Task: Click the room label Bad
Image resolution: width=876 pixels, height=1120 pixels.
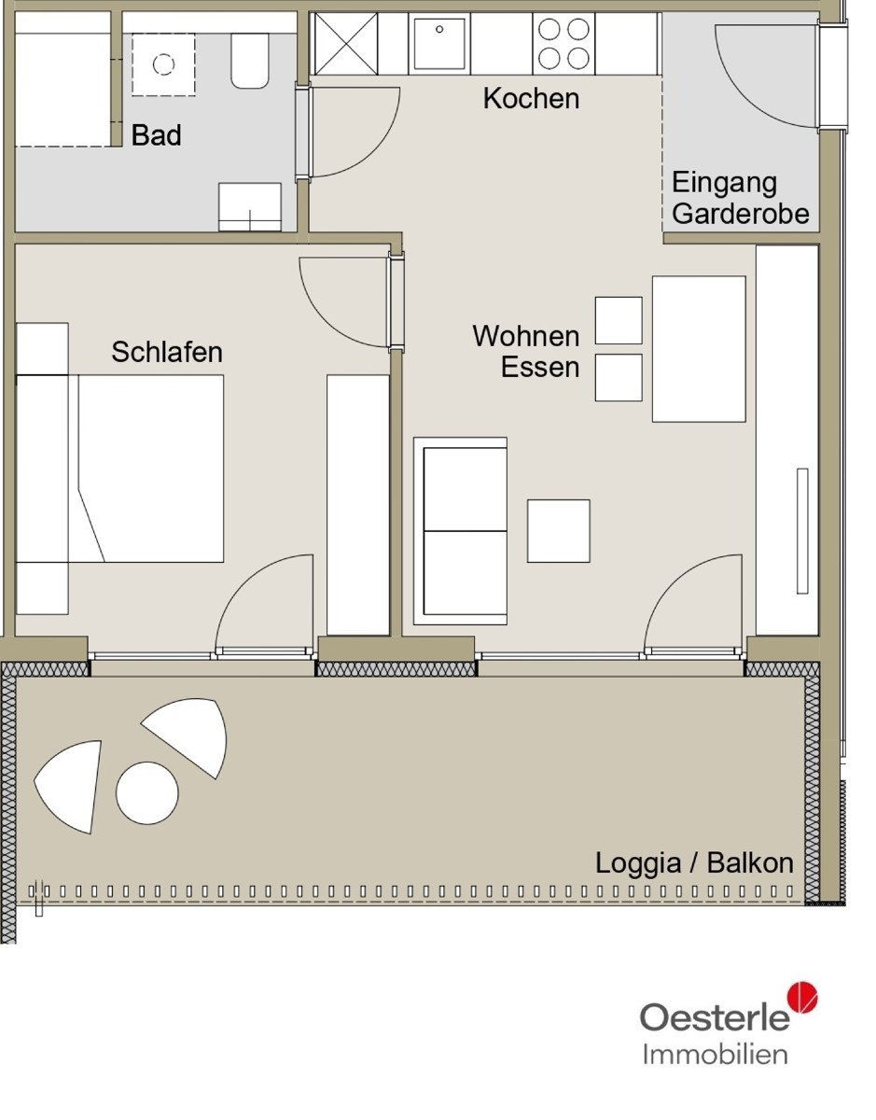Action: pyautogui.click(x=156, y=135)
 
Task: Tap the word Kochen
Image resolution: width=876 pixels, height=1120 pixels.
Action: pyautogui.click(x=531, y=98)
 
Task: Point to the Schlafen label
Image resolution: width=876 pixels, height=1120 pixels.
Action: pyautogui.click(x=167, y=352)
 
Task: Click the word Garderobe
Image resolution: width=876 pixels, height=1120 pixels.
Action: pyautogui.click(x=741, y=214)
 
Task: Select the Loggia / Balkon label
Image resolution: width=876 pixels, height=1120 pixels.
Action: pyautogui.click(x=694, y=862)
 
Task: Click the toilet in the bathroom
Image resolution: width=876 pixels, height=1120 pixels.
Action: pyautogui.click(x=250, y=61)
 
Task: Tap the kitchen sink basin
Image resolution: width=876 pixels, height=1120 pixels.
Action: pyautogui.click(x=439, y=41)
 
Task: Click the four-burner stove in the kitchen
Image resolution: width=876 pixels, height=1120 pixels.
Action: pyautogui.click(x=563, y=44)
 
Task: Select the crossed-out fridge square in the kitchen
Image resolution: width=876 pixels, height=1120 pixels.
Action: pyautogui.click(x=345, y=44)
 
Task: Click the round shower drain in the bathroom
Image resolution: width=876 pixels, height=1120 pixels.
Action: pyautogui.click(x=163, y=64)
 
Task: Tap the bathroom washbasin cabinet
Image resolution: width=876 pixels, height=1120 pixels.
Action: pyautogui.click(x=250, y=206)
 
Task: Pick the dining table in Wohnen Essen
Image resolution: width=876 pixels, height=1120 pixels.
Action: pyautogui.click(x=699, y=349)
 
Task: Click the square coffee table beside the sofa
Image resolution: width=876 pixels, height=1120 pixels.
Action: pyautogui.click(x=558, y=531)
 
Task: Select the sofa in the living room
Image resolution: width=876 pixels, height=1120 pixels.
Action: pyautogui.click(x=461, y=531)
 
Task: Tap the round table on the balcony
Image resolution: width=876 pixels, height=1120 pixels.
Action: pyautogui.click(x=147, y=792)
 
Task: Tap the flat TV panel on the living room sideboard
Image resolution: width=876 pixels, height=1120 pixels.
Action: pyautogui.click(x=802, y=531)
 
